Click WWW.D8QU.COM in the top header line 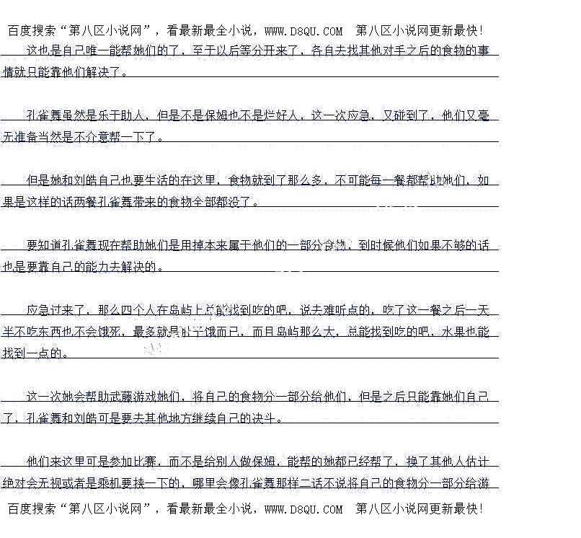coord(303,31)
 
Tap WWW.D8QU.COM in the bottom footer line coord(303,509)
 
